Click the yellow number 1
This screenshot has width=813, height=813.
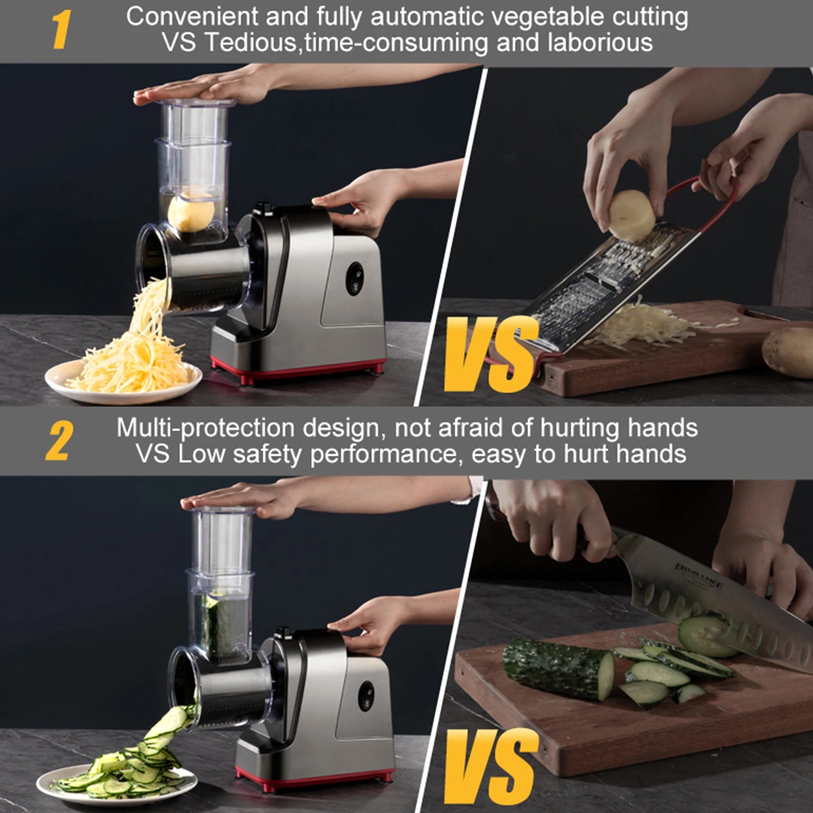pos(61,30)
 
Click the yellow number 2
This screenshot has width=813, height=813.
pos(58,441)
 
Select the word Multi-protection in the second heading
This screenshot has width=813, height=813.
pos(205,428)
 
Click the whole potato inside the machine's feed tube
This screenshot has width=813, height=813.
pos(191,211)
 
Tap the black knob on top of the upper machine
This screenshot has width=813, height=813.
pos(263,208)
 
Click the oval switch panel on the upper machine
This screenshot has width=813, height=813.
pos(354,278)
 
